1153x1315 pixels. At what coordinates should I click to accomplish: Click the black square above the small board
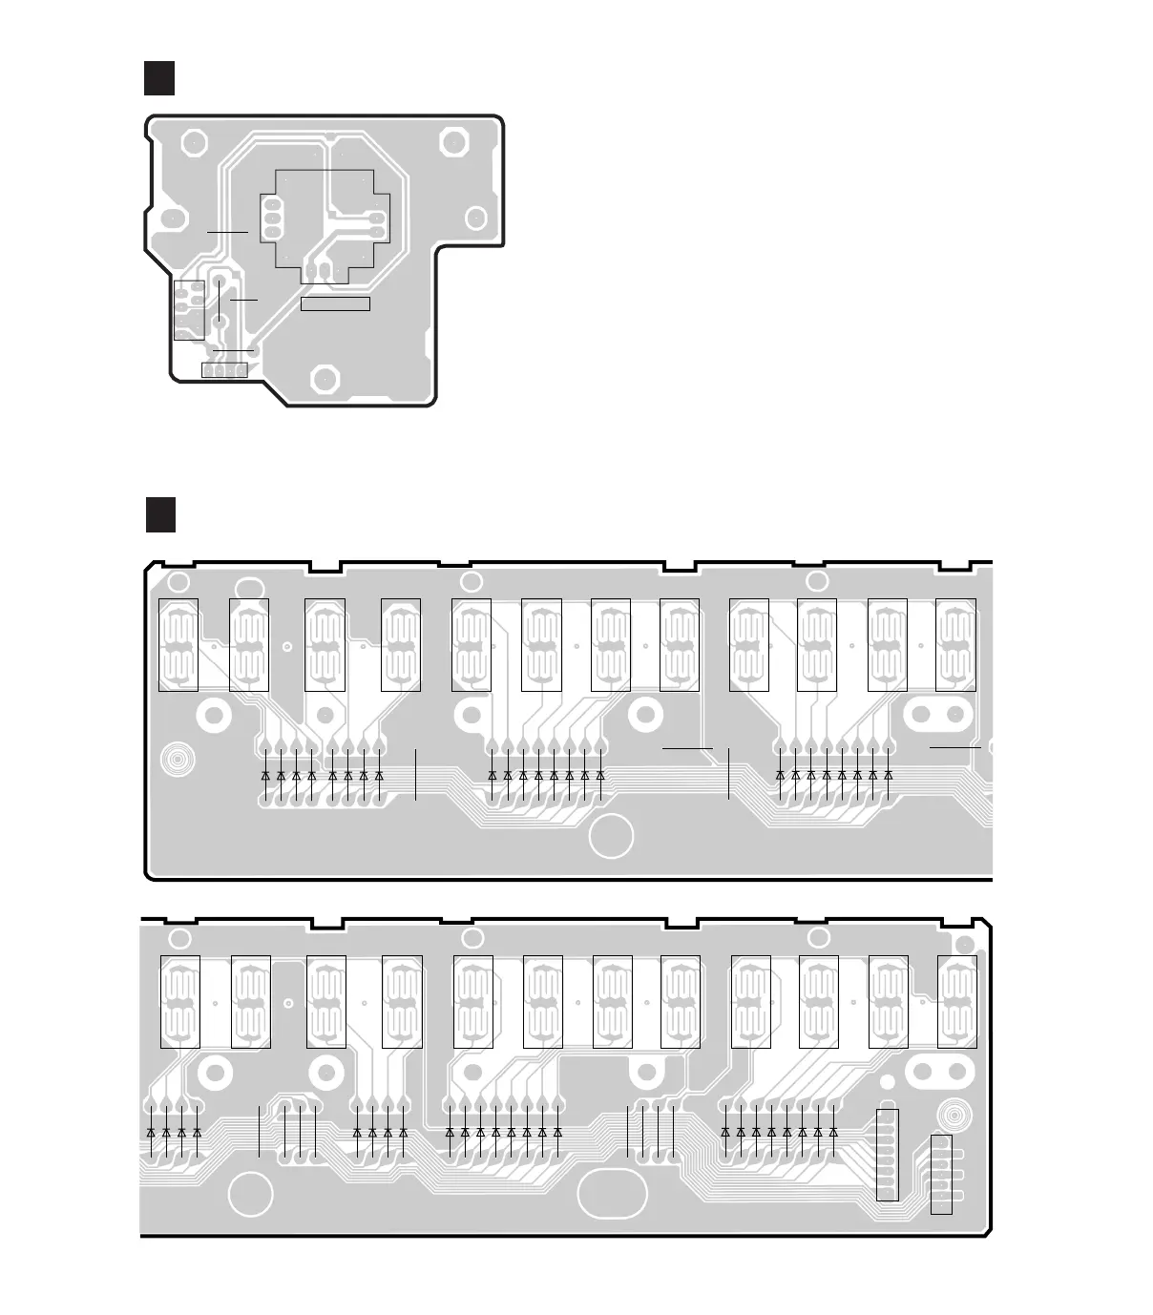click(x=159, y=78)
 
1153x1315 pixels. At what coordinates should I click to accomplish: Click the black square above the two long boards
click(x=161, y=513)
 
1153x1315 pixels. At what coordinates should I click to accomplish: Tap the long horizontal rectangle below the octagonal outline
click(x=335, y=303)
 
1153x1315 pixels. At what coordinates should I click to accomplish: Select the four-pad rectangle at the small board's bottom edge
click(x=224, y=369)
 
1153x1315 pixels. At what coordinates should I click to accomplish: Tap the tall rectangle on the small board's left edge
click(x=189, y=310)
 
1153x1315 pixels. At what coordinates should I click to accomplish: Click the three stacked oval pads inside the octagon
click(x=270, y=216)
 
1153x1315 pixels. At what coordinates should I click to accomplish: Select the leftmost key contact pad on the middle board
click(x=178, y=644)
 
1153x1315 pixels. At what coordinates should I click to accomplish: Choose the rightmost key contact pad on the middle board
click(x=955, y=644)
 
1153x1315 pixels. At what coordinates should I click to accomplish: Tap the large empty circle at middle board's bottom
click(x=612, y=837)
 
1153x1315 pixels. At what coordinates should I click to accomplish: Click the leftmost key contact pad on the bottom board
click(x=179, y=1001)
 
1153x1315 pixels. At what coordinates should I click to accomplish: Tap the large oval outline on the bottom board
click(x=633, y=1187)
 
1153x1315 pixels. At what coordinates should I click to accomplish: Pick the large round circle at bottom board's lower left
click(x=250, y=1195)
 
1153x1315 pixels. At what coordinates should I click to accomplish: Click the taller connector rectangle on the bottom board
click(x=887, y=1155)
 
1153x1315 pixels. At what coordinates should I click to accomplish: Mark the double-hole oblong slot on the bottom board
click(x=936, y=1072)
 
